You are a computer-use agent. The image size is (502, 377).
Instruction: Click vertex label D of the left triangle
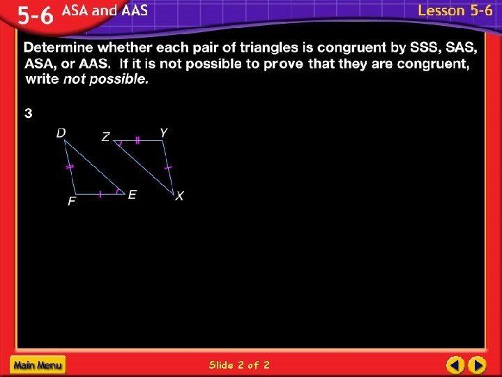tap(61, 132)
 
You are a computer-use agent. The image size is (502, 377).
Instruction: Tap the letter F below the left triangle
tap(71, 202)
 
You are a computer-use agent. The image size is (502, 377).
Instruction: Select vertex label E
tap(132, 195)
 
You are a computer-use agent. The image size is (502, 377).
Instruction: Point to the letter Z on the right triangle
tap(105, 138)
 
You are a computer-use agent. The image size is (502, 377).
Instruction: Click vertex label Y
tap(163, 132)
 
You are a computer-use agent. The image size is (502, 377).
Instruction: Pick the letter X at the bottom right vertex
tap(179, 197)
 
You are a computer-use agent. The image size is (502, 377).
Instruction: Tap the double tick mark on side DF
tap(69, 168)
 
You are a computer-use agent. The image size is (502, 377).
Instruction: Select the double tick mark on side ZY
tap(137, 141)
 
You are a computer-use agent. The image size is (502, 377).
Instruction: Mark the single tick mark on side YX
tap(168, 168)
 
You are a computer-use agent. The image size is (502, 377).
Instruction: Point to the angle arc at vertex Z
tap(120, 145)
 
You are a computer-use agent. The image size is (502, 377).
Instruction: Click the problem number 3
tap(29, 113)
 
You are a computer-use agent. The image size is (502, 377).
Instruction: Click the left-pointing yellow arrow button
tap(455, 364)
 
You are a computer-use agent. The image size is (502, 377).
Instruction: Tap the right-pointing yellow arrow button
tap(477, 364)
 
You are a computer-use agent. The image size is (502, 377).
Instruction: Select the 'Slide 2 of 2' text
tap(239, 364)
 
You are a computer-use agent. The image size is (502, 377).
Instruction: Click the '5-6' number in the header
tap(34, 16)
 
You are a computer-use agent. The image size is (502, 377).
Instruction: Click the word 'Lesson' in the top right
tap(441, 10)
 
